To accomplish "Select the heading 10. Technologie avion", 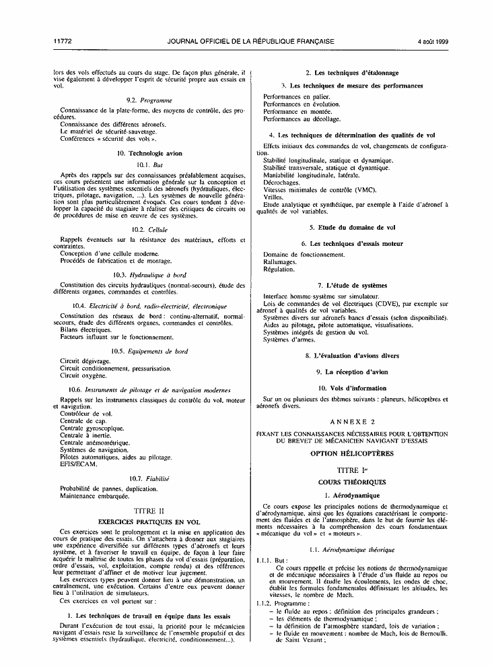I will [x=151, y=153].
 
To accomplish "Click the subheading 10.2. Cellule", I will [x=151, y=230].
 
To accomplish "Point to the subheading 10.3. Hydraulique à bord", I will [x=151, y=274].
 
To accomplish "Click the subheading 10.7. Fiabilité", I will [x=151, y=478].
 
